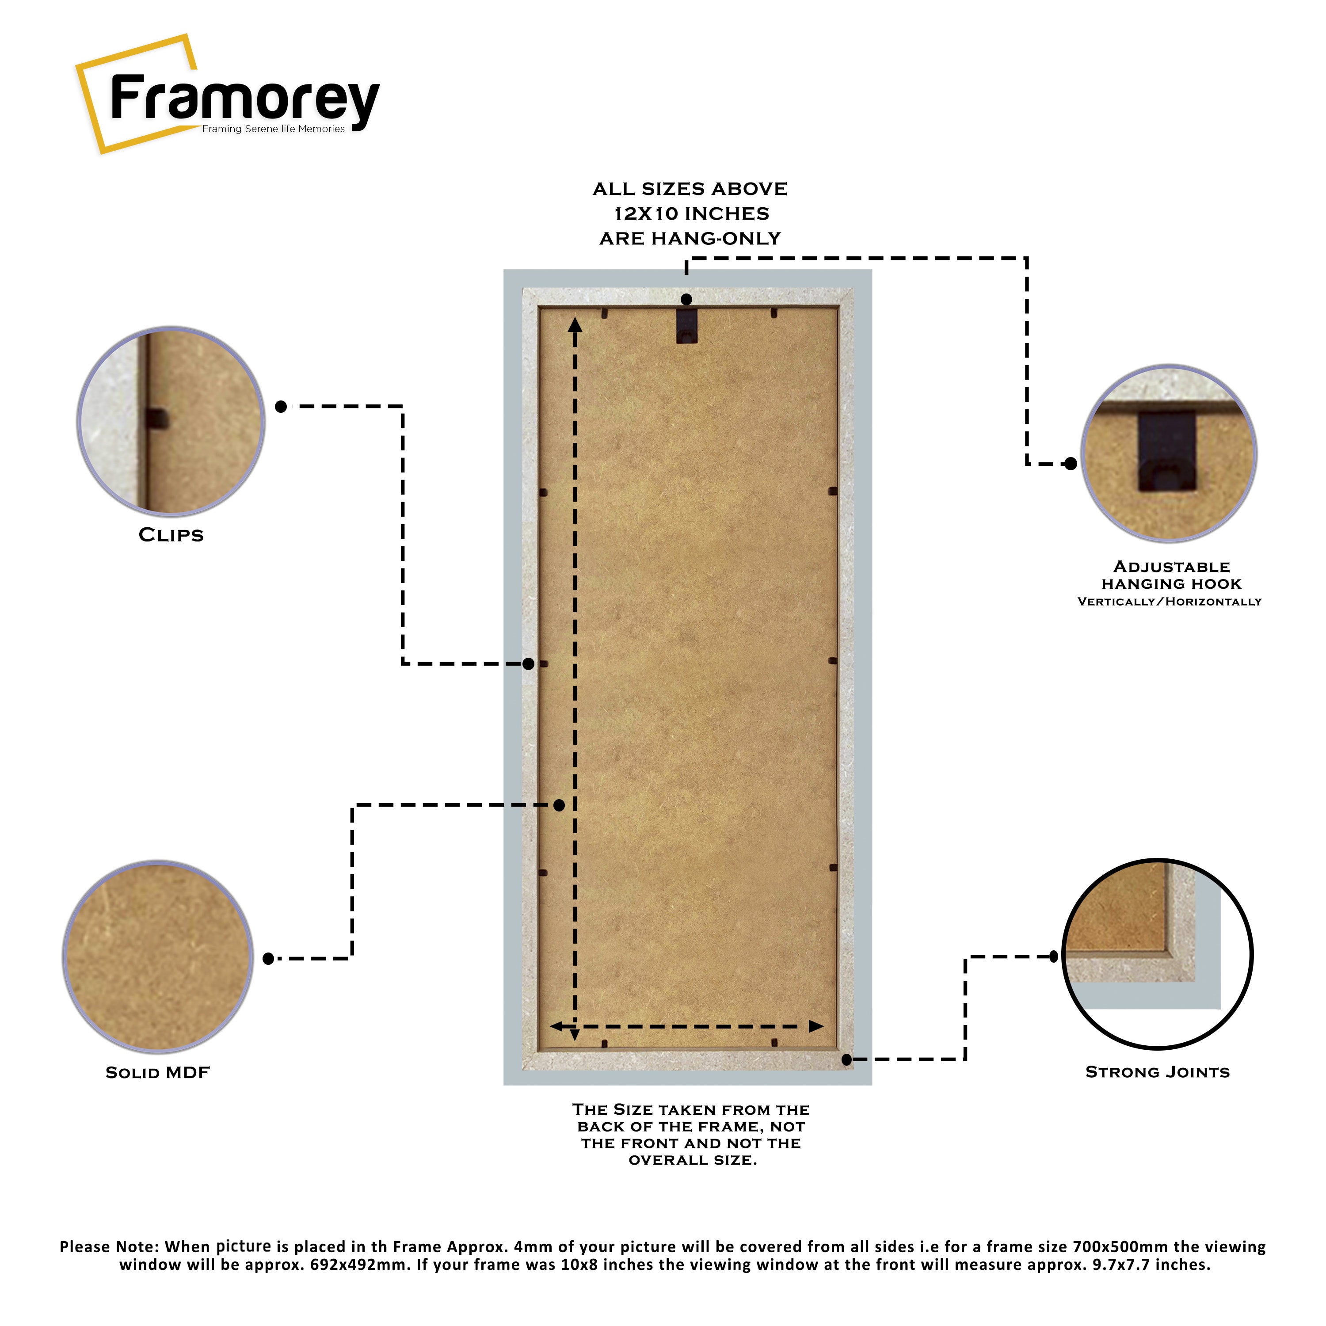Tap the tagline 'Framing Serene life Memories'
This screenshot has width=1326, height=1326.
click(x=273, y=129)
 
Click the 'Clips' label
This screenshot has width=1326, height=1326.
click(x=171, y=535)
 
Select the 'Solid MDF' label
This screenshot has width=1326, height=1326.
click(x=157, y=1073)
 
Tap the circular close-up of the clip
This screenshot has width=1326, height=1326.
click(x=171, y=421)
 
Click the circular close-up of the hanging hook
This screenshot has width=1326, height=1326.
click(x=1168, y=453)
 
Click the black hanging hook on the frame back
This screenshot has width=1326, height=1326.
click(x=686, y=325)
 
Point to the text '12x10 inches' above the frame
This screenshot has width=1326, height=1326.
click(x=691, y=214)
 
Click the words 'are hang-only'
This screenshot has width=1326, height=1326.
click(x=690, y=239)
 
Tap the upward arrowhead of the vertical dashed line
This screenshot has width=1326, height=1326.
click(x=575, y=324)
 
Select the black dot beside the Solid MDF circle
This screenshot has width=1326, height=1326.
click(x=268, y=959)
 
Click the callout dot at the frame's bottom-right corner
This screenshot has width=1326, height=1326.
click(x=846, y=1060)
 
